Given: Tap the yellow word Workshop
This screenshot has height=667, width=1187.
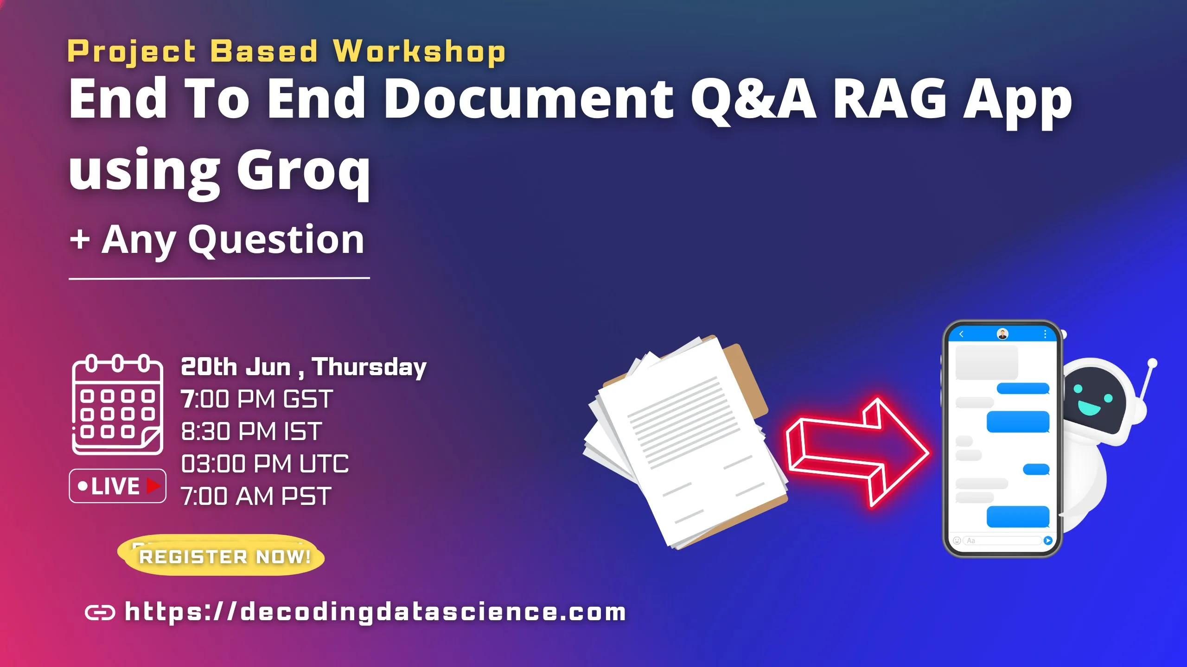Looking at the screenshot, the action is tap(419, 51).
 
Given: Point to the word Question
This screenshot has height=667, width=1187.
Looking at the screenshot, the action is tap(276, 240).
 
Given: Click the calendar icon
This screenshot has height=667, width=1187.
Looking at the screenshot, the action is tap(118, 405).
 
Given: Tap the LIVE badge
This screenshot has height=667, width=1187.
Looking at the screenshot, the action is tap(118, 486).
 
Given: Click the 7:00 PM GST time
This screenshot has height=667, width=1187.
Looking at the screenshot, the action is tap(257, 399).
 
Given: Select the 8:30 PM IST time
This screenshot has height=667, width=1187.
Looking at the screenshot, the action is tap(251, 431).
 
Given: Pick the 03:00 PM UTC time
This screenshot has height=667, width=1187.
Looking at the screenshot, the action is tap(265, 464).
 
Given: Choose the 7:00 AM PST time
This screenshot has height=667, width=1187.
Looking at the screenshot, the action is tap(256, 496).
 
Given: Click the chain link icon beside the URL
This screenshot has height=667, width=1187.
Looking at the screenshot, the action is tap(100, 613).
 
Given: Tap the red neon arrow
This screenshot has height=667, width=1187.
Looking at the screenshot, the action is tap(858, 452).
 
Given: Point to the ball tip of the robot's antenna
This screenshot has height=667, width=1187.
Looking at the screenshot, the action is tap(1153, 363).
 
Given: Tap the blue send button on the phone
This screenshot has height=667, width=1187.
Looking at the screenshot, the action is tap(1048, 541).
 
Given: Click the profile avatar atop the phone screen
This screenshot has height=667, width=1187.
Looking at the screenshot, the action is tap(1002, 334).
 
